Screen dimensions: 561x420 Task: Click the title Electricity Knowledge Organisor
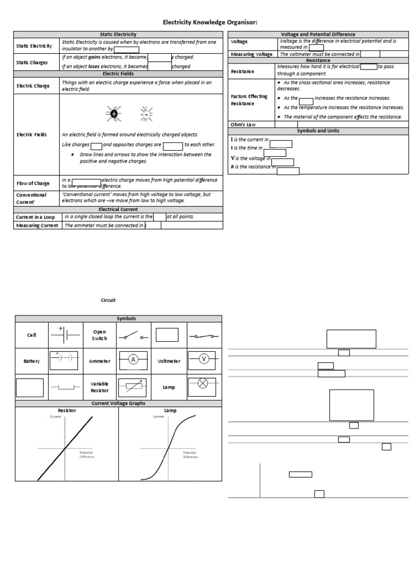coord(210,22)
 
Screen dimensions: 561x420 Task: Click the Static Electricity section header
coord(118,35)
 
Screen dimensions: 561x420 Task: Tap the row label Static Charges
coord(32,62)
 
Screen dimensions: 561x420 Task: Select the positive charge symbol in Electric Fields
coord(113,114)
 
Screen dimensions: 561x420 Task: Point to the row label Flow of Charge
coord(33,183)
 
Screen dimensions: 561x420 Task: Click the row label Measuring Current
coord(37,225)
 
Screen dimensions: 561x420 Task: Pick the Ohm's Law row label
coord(244,125)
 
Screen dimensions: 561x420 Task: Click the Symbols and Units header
coord(318,131)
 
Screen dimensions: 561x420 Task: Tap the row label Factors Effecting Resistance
coord(249,100)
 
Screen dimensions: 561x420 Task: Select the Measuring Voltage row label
coord(252,54)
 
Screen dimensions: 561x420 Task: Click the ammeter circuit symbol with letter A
coord(132,359)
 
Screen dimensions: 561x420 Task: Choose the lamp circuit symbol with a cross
coord(203,384)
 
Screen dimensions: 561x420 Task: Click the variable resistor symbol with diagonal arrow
coord(133,386)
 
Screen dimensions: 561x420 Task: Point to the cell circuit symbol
coord(65,334)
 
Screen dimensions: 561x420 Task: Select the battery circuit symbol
coord(65,359)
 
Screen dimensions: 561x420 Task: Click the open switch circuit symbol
coord(133,335)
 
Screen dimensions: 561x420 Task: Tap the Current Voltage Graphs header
coord(118,403)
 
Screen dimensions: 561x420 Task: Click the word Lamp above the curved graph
coord(170,410)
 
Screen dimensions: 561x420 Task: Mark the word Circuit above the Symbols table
coord(108,300)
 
